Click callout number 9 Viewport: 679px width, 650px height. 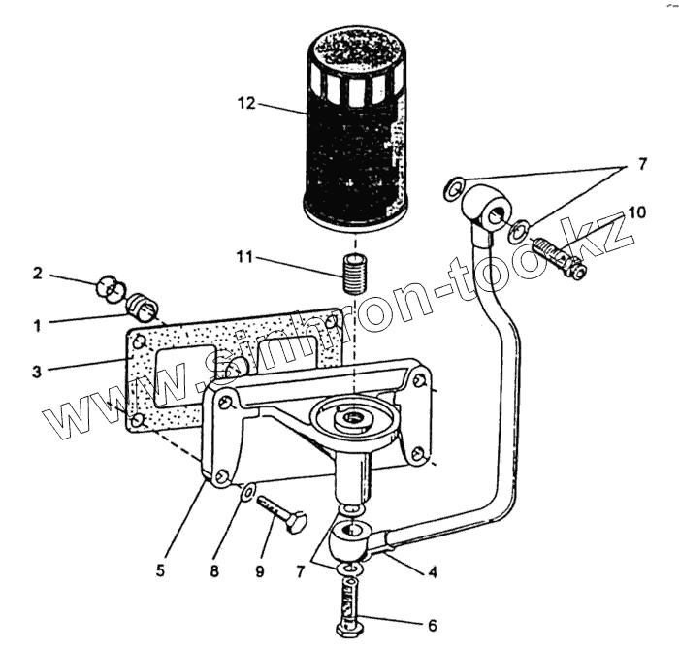260,570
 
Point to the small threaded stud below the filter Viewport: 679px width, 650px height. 355,268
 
